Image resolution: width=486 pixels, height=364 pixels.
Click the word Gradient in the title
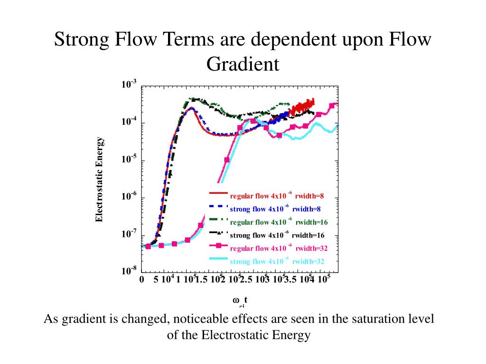243,64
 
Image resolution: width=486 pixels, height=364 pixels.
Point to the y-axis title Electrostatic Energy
99,180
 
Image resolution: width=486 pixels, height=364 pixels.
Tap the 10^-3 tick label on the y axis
129,85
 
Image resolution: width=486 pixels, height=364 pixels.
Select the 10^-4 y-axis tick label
129,122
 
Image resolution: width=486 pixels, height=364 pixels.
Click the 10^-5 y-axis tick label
129,159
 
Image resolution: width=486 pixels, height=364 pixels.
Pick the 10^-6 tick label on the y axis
129,197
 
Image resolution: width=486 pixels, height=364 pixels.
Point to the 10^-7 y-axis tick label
129,234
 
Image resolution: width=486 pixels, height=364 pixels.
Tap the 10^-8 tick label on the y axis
129,271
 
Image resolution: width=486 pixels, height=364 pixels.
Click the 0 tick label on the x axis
141,280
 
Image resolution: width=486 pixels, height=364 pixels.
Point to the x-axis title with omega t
241,301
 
